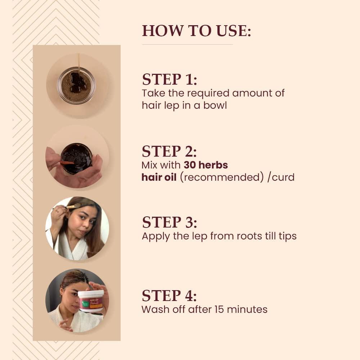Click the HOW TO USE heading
click(x=196, y=31)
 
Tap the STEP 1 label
click(x=169, y=80)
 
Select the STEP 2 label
click(x=169, y=152)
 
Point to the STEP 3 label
click(x=169, y=222)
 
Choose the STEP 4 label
click(x=169, y=296)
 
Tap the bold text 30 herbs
click(x=206, y=165)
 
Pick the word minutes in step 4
click(x=250, y=309)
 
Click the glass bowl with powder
click(x=76, y=85)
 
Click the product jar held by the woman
click(x=91, y=301)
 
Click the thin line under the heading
click(x=187, y=44)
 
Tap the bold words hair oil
click(x=159, y=177)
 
